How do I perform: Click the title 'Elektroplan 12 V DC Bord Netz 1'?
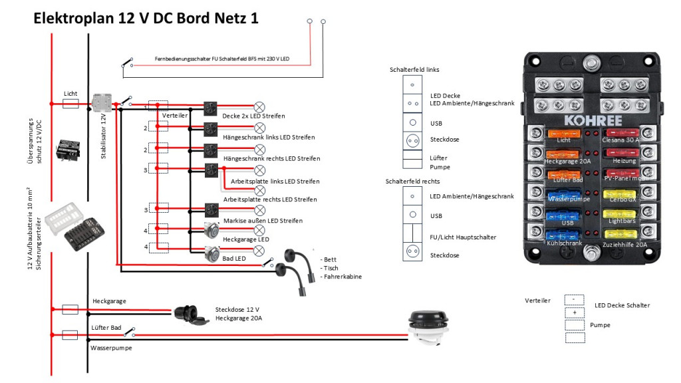[146, 19]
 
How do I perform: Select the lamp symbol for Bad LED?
[260, 250]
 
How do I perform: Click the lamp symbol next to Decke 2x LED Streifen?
[260, 106]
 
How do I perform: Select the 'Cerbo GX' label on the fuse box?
[622, 199]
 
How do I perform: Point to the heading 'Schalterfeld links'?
[414, 70]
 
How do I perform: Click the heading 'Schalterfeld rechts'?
[412, 181]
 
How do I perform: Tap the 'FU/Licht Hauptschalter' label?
[463, 237]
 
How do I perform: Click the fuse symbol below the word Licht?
[70, 104]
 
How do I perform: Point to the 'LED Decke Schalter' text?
[622, 305]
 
